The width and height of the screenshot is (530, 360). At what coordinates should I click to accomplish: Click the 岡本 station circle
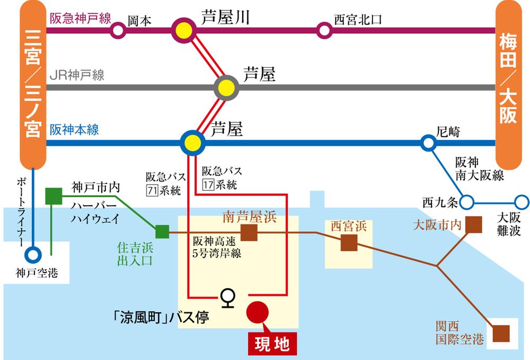tap(119, 30)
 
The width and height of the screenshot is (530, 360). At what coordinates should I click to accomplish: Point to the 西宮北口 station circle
tap(324, 30)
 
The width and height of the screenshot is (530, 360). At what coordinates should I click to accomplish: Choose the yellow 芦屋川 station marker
tap(184, 30)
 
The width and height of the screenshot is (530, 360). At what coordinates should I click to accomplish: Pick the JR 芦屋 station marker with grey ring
tap(226, 87)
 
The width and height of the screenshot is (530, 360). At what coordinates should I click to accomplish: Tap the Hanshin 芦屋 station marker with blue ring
tap(192, 142)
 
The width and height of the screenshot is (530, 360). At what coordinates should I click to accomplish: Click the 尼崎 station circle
tap(428, 142)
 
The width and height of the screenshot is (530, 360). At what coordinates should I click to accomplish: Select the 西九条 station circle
tap(467, 202)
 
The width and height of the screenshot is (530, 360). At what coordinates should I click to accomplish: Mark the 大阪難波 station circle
tap(522, 202)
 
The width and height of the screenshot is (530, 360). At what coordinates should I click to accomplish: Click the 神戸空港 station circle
tap(33, 254)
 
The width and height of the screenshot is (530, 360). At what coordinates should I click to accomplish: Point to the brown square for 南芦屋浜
tap(249, 232)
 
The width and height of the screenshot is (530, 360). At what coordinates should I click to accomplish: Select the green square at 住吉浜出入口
tap(162, 232)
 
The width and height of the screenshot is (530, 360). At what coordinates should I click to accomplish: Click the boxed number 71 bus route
tap(152, 190)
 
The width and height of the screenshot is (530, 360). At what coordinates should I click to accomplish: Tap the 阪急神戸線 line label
tap(80, 19)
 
